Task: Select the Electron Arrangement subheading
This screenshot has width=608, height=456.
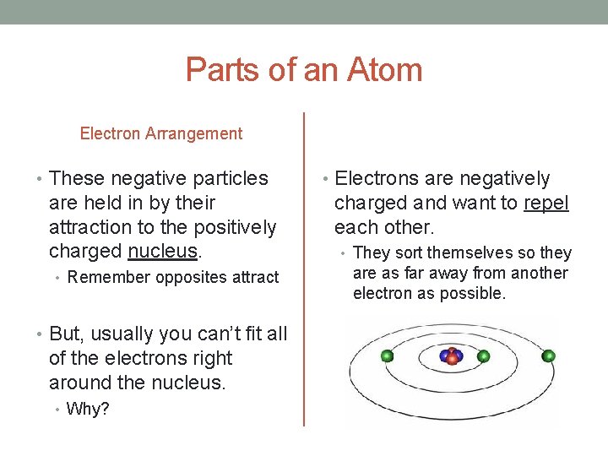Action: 160,133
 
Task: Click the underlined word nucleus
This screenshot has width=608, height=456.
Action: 164,252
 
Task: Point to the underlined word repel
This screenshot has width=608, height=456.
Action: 546,204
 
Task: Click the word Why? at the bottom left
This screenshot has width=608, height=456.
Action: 88,410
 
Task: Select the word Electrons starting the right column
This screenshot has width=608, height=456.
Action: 377,179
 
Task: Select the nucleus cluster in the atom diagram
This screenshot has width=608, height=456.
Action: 452,356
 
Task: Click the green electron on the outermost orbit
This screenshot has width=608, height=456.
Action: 548,356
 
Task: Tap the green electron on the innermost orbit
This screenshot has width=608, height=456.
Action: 484,356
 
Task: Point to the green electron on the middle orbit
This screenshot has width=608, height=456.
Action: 388,356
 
